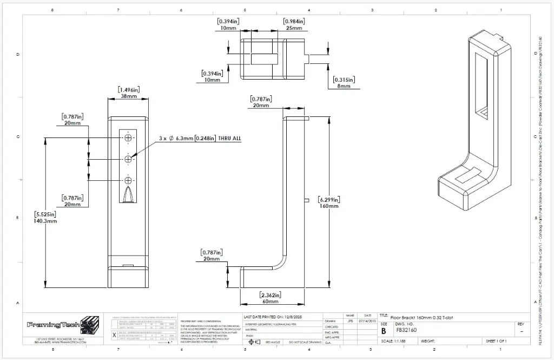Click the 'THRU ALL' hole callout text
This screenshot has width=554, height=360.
tap(229, 139)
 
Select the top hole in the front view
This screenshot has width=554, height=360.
tap(129, 138)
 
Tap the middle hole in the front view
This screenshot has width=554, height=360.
tap(129, 159)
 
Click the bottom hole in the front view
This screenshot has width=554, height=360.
tap(129, 180)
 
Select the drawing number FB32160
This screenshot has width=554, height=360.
tap(406, 329)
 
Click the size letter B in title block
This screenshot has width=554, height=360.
tap(384, 330)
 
